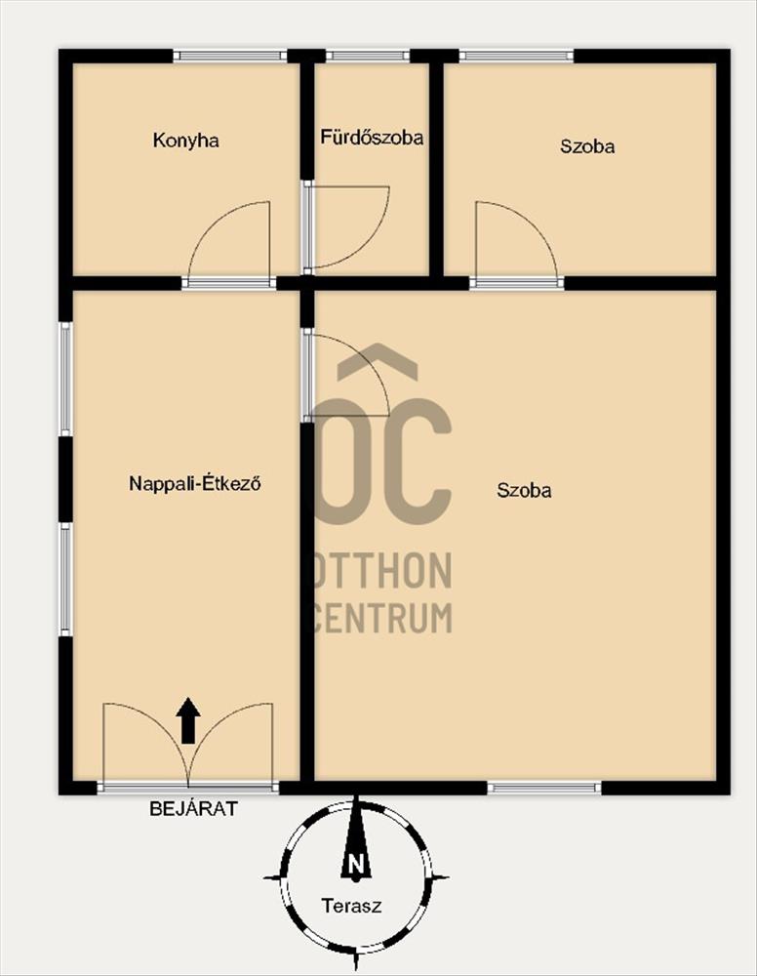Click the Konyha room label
(x=186, y=141)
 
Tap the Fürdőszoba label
(x=372, y=137)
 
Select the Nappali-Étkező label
(x=195, y=484)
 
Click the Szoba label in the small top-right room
(x=587, y=146)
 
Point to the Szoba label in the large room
(x=524, y=491)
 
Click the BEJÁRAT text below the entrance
(x=193, y=808)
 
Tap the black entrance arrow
(x=188, y=720)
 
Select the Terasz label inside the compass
(x=351, y=906)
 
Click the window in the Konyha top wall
(x=230, y=56)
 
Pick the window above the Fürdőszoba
(x=368, y=56)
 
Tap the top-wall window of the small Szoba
(x=516, y=56)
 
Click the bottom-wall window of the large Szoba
(x=544, y=788)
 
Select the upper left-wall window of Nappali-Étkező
(x=65, y=379)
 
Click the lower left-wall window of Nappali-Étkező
(x=65, y=580)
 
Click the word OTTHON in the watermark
(x=380, y=570)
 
